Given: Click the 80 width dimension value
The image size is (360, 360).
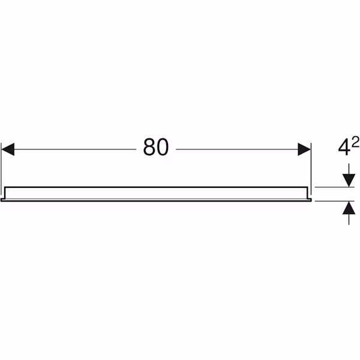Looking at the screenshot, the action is [156, 147].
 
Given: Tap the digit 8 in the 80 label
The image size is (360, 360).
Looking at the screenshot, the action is [149, 147].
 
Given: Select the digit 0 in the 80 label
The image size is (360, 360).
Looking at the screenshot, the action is [163, 147].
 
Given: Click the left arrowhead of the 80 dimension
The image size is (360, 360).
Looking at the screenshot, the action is [8, 149].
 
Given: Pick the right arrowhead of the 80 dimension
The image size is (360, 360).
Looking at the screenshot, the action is [304, 149].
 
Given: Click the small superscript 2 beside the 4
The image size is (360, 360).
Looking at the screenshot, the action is [355, 142].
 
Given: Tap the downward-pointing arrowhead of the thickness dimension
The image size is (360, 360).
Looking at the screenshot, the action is [349, 181].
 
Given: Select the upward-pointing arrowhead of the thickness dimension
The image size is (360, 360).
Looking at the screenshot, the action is [349, 208].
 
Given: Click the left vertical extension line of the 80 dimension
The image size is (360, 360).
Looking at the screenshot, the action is [1, 170].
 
